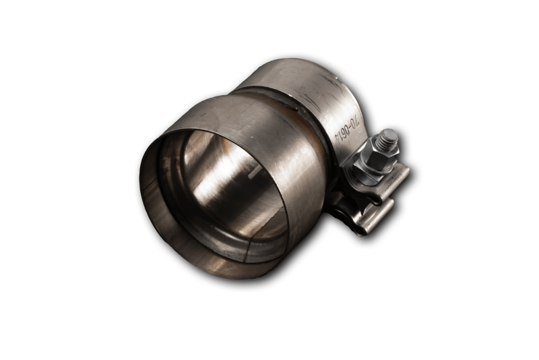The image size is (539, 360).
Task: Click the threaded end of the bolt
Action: pos(387,142)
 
